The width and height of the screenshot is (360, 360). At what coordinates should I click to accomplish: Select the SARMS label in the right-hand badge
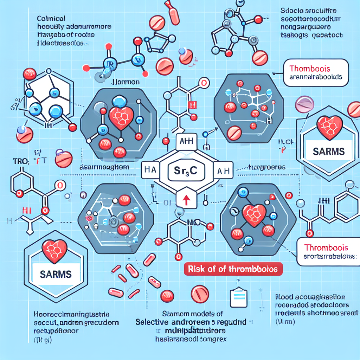coord(329,152)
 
